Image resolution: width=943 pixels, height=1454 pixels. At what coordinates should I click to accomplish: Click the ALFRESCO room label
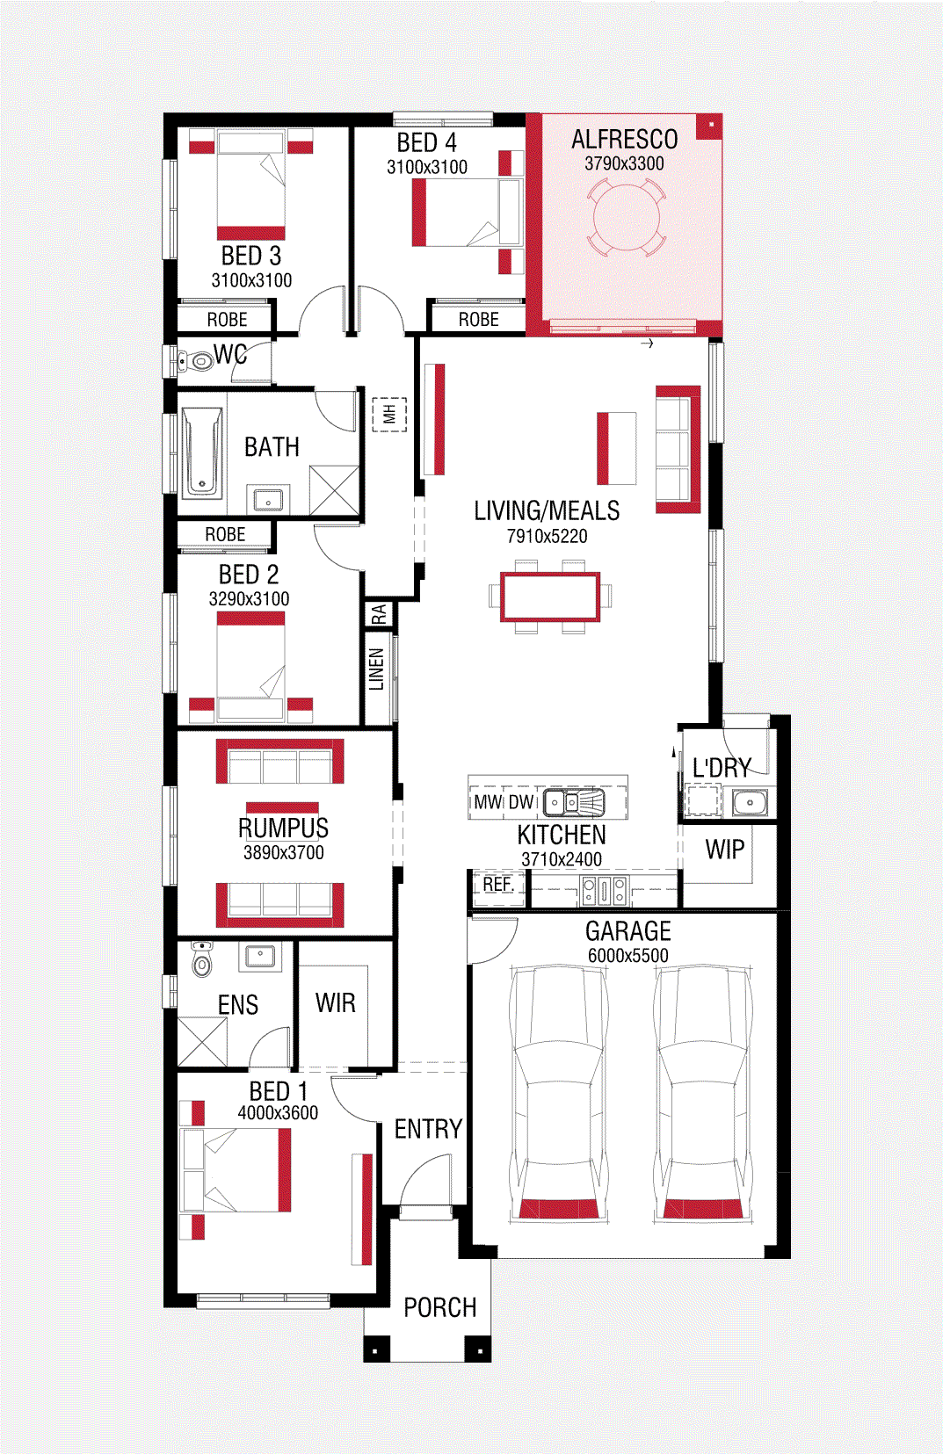pyautogui.click(x=624, y=140)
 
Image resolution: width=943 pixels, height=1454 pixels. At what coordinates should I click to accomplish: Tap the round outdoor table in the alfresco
pyautogui.click(x=625, y=217)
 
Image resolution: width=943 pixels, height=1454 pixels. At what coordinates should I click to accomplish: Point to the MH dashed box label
pyautogui.click(x=389, y=414)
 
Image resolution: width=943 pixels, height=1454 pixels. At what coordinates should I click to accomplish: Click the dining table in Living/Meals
pyautogui.click(x=550, y=597)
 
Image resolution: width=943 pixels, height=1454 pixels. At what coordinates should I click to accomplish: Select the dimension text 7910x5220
pyautogui.click(x=547, y=536)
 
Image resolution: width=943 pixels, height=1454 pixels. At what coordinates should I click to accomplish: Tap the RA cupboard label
pyautogui.click(x=379, y=614)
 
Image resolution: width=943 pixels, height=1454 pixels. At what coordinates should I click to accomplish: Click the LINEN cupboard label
pyautogui.click(x=377, y=669)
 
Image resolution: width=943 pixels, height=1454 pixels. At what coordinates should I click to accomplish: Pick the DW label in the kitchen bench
pyautogui.click(x=521, y=802)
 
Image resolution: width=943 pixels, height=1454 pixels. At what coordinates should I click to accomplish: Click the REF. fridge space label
pyautogui.click(x=498, y=885)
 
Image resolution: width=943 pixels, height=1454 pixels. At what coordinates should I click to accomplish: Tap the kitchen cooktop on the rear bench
pyautogui.click(x=605, y=891)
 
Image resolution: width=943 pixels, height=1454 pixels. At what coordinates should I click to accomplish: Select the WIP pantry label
pyautogui.click(x=725, y=850)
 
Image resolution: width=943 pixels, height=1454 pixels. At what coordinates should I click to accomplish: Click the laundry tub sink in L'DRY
pyautogui.click(x=750, y=802)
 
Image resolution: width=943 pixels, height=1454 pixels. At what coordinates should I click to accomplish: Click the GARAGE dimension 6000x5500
pyautogui.click(x=627, y=955)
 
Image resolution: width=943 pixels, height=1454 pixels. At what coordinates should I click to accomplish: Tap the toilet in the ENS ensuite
pyautogui.click(x=203, y=960)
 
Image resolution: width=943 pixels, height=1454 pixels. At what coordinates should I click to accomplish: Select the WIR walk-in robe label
pyautogui.click(x=336, y=1002)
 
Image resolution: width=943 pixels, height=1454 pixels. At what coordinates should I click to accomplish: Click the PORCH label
pyautogui.click(x=439, y=1307)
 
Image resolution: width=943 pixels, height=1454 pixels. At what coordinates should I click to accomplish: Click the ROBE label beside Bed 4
pyautogui.click(x=478, y=320)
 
